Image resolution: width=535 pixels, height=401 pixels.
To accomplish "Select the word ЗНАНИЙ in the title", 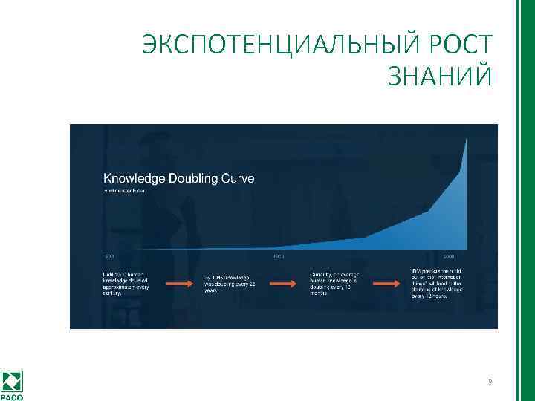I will click(439, 76).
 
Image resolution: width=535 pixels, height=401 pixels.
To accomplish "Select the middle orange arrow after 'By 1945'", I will click(282, 283).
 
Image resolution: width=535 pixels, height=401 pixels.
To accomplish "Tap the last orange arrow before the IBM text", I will click(386, 283).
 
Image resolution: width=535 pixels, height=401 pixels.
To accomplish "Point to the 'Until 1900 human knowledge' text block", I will click(127, 283).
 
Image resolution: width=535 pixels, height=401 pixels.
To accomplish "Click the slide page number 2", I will click(490, 383).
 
